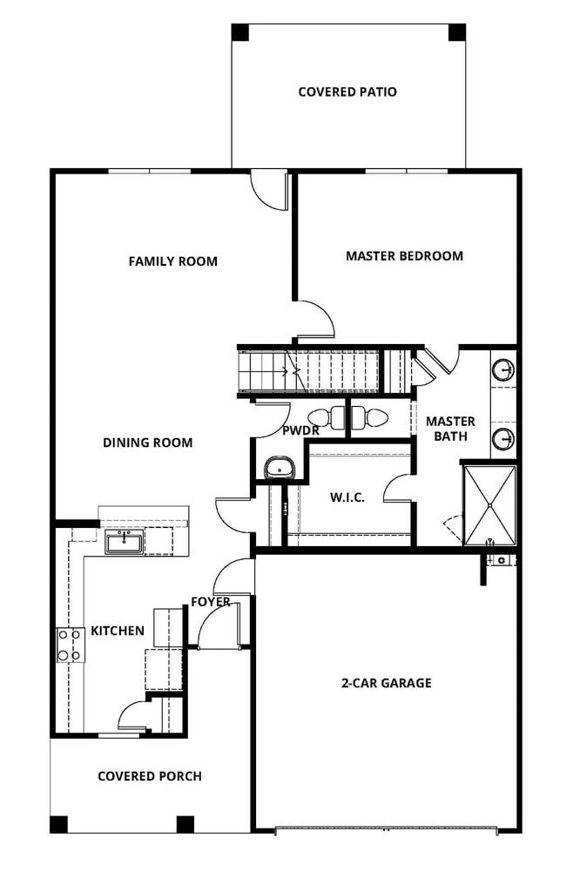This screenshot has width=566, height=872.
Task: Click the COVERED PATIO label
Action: tap(347, 91)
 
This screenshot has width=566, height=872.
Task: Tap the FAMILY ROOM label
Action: tap(173, 261)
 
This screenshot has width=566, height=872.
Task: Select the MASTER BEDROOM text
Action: tap(404, 256)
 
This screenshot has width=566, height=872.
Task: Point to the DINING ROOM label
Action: tap(148, 443)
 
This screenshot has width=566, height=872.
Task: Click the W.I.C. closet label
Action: tap(347, 497)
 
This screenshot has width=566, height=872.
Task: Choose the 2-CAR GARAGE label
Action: tap(386, 683)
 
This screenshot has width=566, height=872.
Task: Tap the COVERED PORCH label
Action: tap(150, 776)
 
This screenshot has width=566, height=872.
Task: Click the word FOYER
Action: tap(212, 602)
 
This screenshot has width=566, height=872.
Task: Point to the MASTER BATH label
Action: tap(450, 429)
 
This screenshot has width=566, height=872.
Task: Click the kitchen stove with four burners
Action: tap(69, 646)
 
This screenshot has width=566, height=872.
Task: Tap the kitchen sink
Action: tap(125, 544)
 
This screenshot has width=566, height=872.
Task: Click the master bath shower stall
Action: tap(489, 504)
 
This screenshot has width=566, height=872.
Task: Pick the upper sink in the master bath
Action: tap(502, 371)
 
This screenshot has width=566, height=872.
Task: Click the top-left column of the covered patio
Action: tap(240, 32)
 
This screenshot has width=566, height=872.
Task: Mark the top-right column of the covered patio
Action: tap(457, 32)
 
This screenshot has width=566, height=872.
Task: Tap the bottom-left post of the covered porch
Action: tap(58, 823)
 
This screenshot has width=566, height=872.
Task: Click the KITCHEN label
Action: tap(118, 631)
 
